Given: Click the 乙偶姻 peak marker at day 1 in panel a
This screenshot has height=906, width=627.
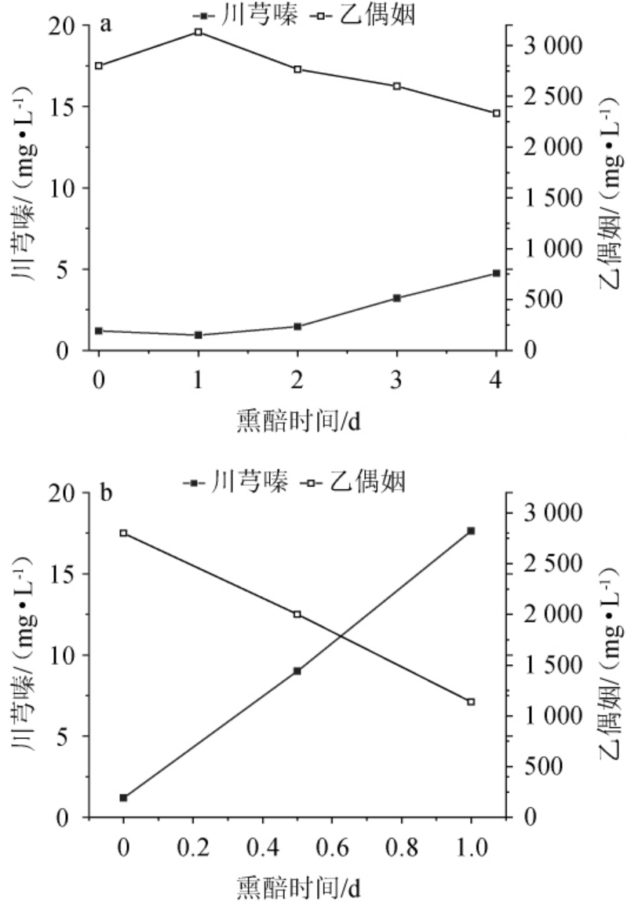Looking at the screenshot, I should click(x=198, y=32).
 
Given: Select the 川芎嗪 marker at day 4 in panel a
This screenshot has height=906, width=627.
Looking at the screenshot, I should click(x=497, y=273).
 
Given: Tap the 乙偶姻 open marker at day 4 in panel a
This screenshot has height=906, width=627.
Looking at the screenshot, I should click(x=497, y=113).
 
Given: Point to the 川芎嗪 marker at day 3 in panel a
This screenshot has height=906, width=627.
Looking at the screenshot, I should click(x=397, y=298).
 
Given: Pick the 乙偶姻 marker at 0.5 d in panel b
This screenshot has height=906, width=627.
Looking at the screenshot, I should click(x=297, y=614).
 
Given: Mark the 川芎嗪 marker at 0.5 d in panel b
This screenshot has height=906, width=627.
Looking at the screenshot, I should click(x=297, y=671).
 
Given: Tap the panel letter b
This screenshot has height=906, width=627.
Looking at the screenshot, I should click(x=107, y=493).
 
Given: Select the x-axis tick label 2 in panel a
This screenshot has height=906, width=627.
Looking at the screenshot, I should click(x=297, y=381).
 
